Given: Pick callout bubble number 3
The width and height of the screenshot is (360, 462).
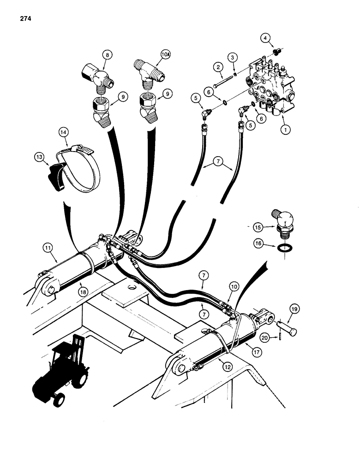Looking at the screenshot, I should [233, 57].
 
